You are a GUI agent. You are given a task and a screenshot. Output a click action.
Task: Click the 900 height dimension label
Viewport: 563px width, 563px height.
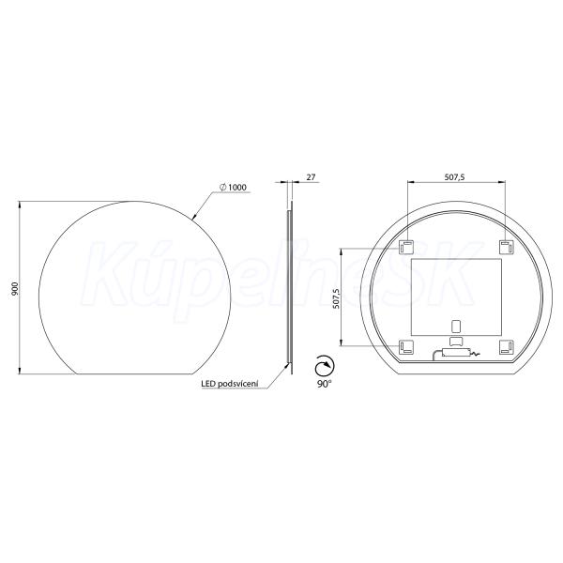(x=15, y=288)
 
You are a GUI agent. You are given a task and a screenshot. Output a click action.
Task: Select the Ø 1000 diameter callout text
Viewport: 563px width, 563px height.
(x=233, y=187)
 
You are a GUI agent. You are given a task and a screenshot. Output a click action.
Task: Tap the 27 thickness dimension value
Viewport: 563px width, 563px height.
(x=311, y=177)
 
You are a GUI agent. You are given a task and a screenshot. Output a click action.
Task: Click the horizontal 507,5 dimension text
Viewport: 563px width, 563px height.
(x=454, y=176)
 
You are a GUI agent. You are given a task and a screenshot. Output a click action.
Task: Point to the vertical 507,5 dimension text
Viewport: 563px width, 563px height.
(x=336, y=298)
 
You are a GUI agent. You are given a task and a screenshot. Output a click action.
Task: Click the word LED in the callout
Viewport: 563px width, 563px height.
(x=208, y=384)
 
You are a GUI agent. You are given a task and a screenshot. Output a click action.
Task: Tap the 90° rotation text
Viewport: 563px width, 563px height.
(x=324, y=384)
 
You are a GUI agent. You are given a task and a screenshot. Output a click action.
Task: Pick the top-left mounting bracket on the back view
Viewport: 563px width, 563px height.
(x=406, y=247)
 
